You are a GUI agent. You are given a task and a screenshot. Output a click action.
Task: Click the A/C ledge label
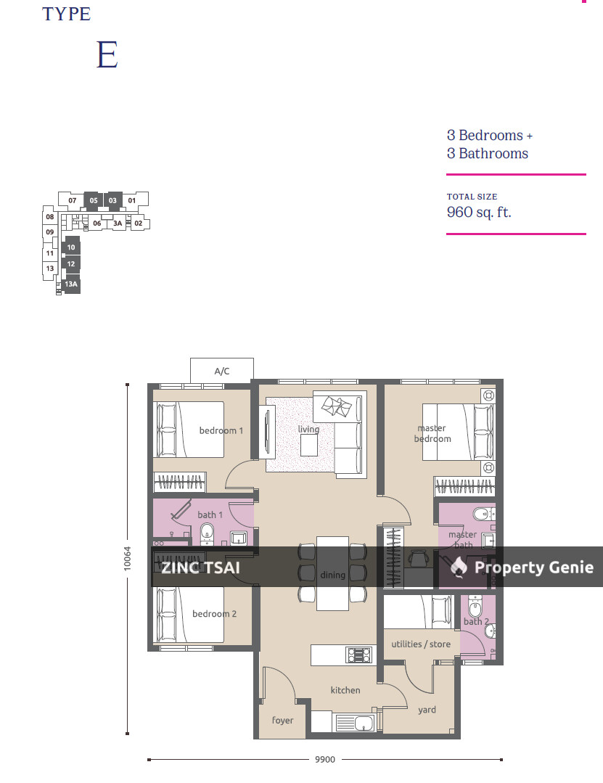point(221,372)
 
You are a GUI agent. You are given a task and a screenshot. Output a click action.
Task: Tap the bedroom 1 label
point(221,430)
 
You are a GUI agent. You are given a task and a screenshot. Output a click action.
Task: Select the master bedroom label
point(432,433)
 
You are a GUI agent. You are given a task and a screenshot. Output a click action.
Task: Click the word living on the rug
point(308,430)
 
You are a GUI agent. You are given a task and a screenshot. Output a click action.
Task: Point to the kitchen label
point(345,690)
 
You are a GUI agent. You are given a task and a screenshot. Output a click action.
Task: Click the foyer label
point(282,720)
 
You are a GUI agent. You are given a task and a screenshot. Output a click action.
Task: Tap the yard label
point(427,710)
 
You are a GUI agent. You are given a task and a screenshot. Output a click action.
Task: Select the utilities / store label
point(421,644)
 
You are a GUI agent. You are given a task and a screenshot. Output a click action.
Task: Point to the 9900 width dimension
point(324,760)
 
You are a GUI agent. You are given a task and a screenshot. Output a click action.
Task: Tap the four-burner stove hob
point(359,655)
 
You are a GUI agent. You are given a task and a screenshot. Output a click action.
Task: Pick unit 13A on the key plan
point(70,285)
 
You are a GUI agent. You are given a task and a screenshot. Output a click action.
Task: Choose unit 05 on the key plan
point(94,200)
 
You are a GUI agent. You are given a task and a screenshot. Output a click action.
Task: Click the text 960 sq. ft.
point(479,213)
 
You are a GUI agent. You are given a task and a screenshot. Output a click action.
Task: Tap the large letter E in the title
point(107,56)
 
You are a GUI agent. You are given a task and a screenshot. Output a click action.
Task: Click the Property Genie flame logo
point(459,567)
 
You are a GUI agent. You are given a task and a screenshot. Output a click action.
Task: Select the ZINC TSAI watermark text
point(200,567)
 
